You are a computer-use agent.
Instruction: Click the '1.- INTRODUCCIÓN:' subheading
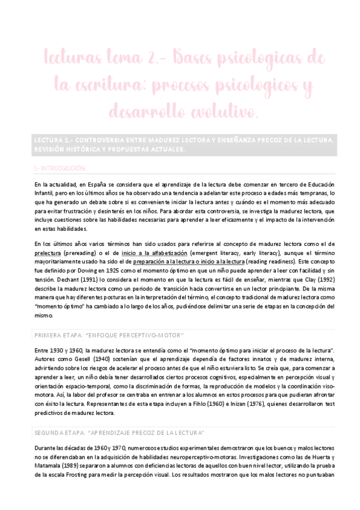tap(59, 168)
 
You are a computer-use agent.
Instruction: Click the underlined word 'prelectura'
tap(52, 254)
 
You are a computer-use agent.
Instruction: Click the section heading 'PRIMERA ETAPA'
tap(58, 334)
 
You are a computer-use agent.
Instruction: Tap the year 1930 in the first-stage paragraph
tap(56, 351)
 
